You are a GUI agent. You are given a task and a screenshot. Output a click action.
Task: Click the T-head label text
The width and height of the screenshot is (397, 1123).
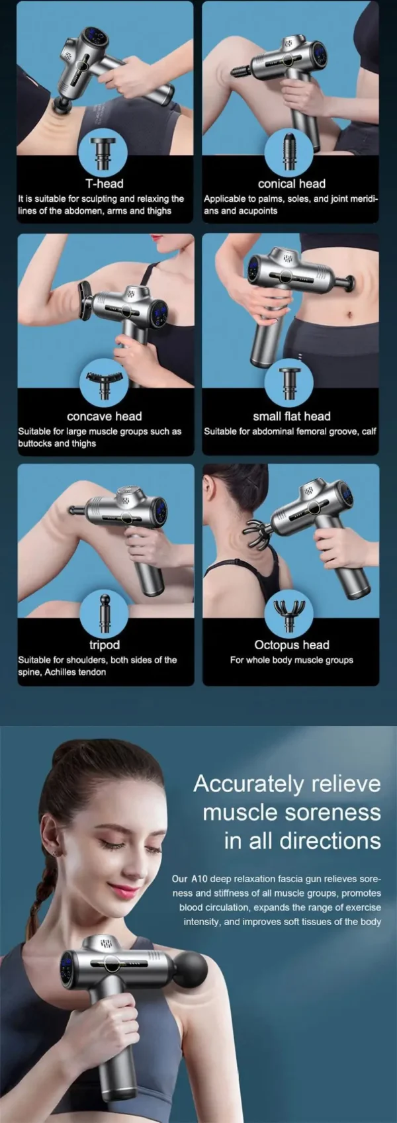click(x=105, y=183)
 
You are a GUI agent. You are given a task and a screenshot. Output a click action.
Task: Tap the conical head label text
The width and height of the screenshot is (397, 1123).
click(x=291, y=183)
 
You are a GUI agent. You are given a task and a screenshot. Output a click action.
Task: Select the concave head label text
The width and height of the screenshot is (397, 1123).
click(x=105, y=416)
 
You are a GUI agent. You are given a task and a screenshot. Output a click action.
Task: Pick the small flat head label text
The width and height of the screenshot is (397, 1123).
click(x=291, y=416)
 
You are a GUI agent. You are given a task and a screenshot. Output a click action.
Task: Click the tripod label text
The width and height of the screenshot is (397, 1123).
click(x=105, y=645)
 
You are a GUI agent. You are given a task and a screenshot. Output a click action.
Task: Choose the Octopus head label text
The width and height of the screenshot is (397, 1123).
click(x=291, y=645)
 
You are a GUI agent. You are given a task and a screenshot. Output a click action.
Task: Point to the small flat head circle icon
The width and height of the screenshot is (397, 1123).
click(x=289, y=383)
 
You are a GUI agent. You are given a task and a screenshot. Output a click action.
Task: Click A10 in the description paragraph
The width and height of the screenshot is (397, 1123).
click(x=199, y=879)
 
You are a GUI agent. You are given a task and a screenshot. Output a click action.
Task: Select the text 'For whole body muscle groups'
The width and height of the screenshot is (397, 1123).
click(x=291, y=660)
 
